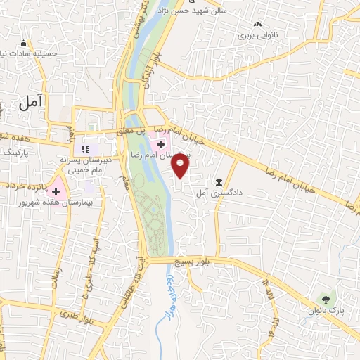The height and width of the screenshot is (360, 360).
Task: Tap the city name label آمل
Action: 32,103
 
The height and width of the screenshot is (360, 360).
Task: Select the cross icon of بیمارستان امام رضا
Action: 161,144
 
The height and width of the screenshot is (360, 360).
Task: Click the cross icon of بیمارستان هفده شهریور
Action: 56,191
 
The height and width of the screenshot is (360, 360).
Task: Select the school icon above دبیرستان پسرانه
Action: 86,149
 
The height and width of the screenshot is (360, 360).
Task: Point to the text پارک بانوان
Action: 325,310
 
